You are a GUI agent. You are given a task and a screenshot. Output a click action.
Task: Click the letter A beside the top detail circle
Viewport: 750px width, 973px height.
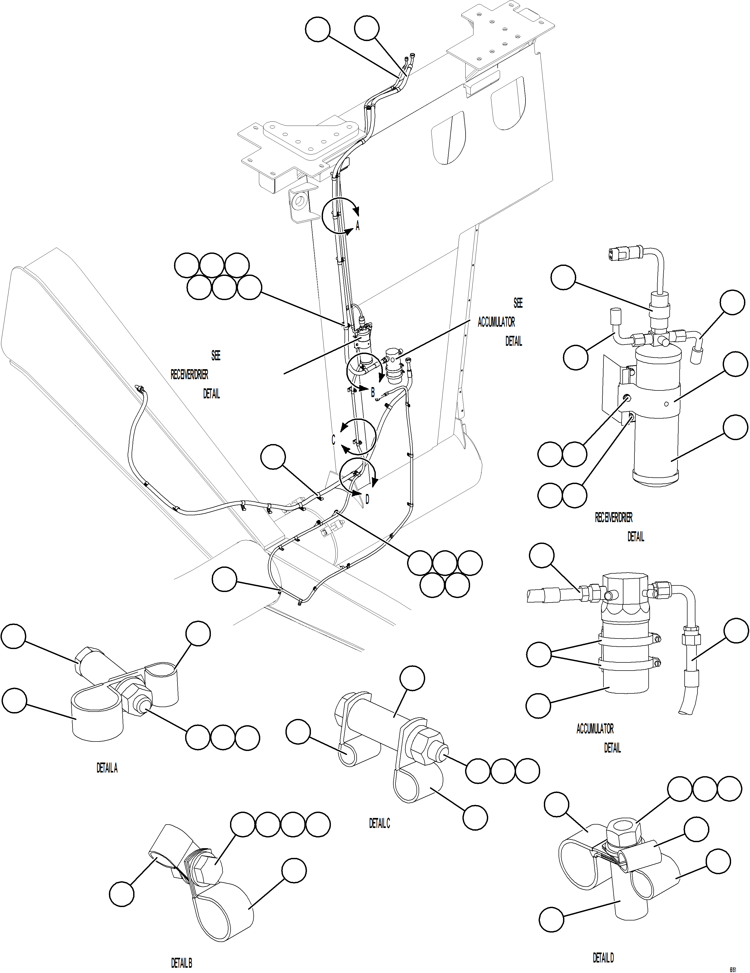(x=357, y=226)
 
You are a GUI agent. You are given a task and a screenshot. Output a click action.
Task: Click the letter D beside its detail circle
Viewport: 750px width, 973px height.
(x=367, y=500)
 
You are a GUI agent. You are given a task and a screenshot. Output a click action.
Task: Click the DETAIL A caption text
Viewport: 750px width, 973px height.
(x=107, y=768)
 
